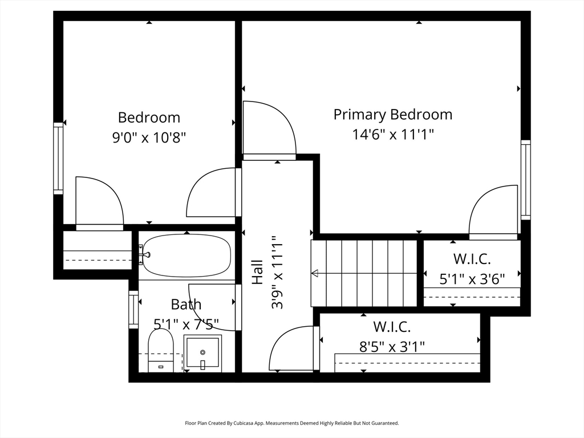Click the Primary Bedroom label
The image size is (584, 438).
(x=393, y=114)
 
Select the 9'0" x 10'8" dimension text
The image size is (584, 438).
(x=149, y=137)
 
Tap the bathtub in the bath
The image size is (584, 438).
(x=187, y=255)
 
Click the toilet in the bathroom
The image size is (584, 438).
(x=161, y=351)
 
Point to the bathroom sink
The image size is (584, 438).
(x=202, y=352)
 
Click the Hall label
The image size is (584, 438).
(x=258, y=272)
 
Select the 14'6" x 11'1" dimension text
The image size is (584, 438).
(x=393, y=134)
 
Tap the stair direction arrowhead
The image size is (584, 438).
(x=315, y=273)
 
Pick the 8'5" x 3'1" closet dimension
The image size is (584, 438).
(x=392, y=347)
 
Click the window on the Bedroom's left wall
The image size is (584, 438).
(x=58, y=159)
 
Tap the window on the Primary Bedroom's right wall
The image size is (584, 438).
(x=525, y=180)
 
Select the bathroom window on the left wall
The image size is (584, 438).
(x=133, y=310)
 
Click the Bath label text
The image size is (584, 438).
(x=186, y=305)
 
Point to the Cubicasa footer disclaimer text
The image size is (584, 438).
(x=292, y=423)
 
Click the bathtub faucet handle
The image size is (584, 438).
(x=147, y=255)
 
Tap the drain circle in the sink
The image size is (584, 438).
(x=202, y=352)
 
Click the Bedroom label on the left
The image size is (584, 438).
(x=149, y=117)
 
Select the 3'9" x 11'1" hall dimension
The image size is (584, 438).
(x=277, y=272)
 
